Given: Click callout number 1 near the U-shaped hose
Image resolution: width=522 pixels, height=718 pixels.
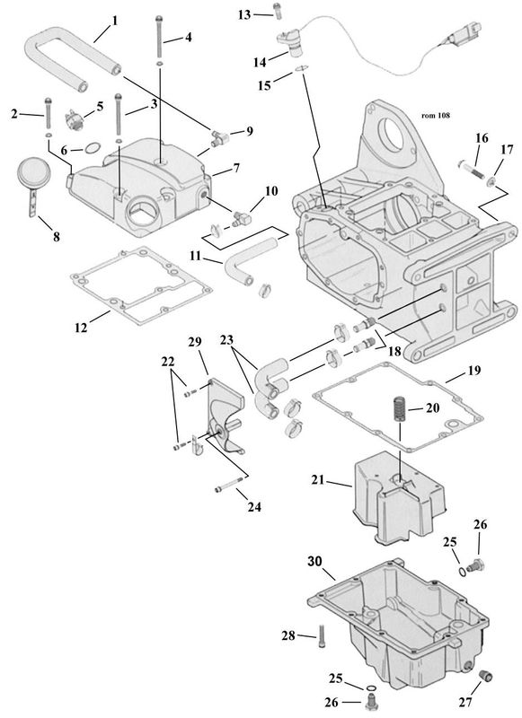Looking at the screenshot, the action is point(115,21).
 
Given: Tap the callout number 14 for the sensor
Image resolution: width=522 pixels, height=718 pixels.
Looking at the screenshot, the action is point(260,62).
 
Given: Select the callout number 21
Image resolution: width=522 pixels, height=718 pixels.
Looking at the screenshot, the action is point(317,480).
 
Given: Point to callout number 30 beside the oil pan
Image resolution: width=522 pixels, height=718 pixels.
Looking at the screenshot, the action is point(314,561).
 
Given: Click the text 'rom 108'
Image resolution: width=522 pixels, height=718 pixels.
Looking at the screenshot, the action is point(436,116).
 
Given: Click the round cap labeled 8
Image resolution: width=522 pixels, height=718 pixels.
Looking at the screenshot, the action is point(30,170).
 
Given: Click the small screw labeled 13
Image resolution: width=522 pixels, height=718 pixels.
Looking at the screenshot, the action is point(277,10).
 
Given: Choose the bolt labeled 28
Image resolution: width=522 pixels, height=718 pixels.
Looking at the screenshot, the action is point(322,635).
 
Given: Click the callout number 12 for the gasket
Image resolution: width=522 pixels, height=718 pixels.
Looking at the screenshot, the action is point(81,328).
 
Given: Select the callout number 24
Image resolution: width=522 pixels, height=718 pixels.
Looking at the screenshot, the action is point(254,507).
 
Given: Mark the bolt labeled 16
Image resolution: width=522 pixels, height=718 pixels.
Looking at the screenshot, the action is point(469,169).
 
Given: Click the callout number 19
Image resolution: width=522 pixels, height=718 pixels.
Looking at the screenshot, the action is point(474,370).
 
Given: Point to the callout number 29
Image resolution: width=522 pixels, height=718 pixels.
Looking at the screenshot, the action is point(195,342).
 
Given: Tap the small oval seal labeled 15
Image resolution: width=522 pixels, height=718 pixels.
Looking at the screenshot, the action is point(300,68).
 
